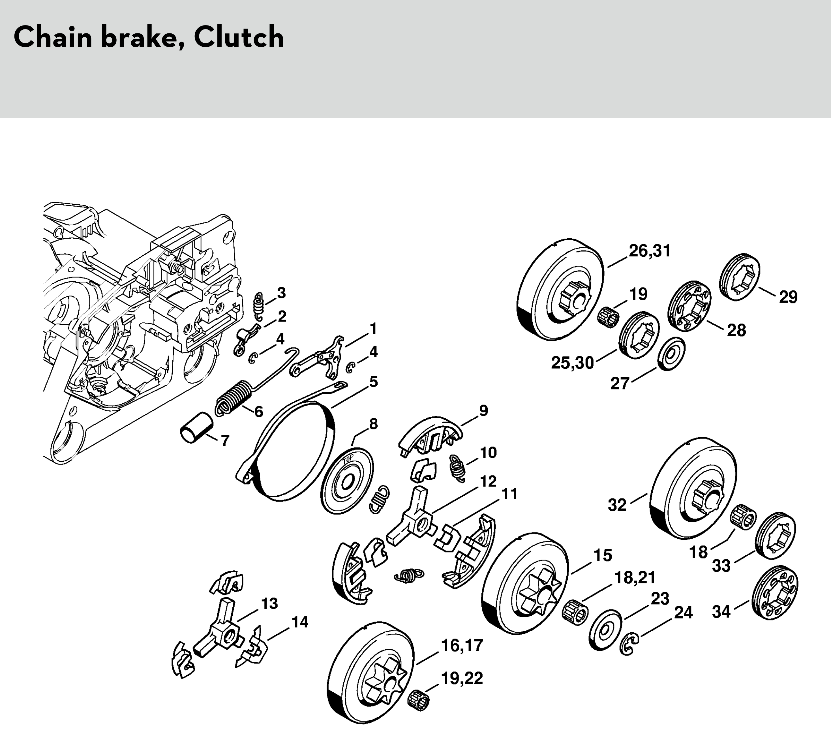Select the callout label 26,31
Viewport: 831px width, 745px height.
650,251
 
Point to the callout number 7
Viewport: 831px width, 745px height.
225,441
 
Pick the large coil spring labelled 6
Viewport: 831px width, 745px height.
233,397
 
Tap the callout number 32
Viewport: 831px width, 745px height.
617,506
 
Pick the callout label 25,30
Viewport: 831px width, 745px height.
572,363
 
